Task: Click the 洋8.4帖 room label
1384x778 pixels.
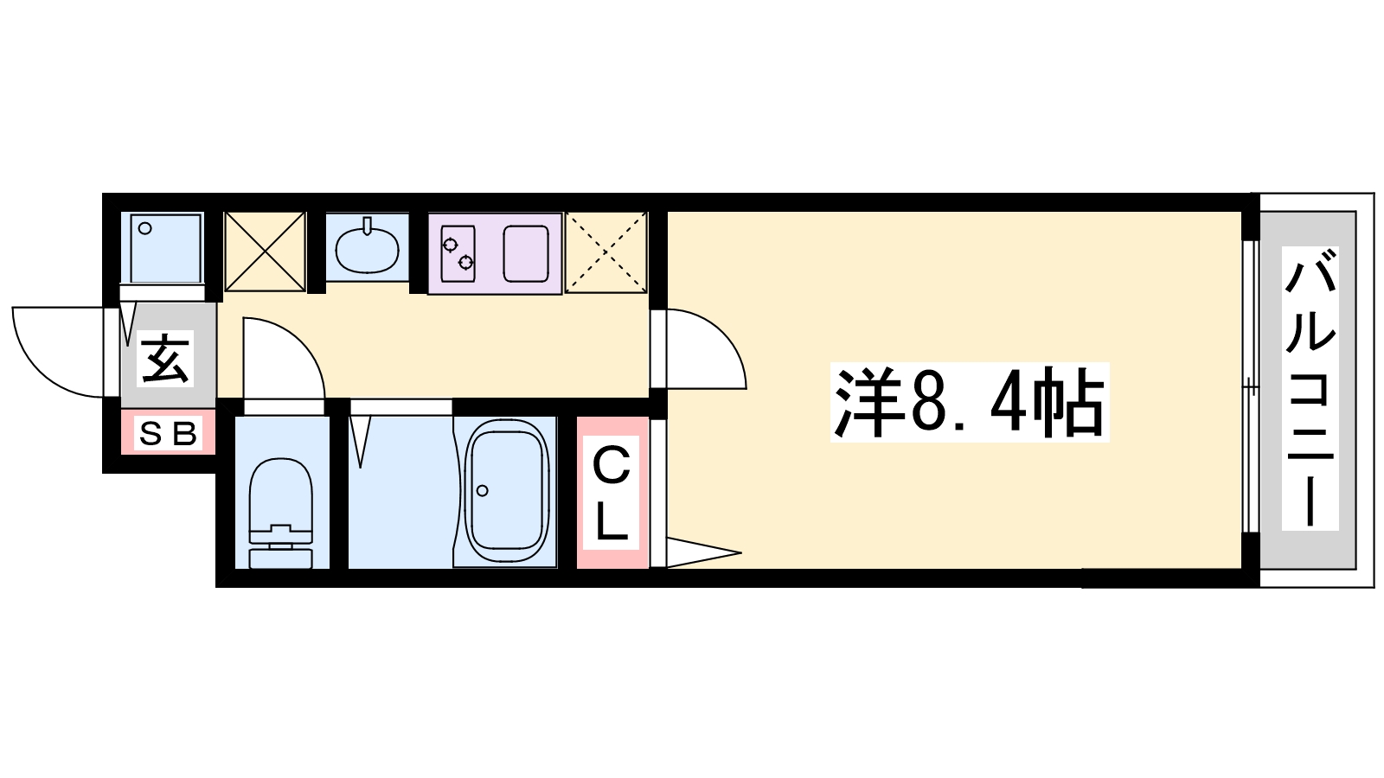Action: pos(970,402)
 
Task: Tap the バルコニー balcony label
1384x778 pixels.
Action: pos(1310,388)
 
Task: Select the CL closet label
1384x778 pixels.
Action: pos(611,494)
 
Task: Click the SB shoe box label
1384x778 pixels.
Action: pos(168,433)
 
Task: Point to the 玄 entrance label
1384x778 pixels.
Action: pos(165,359)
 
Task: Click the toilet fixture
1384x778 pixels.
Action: pos(280,512)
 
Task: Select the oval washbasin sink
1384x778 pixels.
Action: pos(367,247)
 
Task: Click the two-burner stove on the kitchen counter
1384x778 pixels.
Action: pos(458,254)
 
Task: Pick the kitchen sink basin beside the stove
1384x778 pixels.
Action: pos(526,254)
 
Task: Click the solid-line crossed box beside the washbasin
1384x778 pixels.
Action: pos(265,252)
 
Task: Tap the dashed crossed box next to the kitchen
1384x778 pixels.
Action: pos(606,252)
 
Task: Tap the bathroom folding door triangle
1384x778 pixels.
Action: pos(360,441)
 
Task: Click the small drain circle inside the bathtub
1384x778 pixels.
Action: pos(483,491)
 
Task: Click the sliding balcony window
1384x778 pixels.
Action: pos(1250,386)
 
